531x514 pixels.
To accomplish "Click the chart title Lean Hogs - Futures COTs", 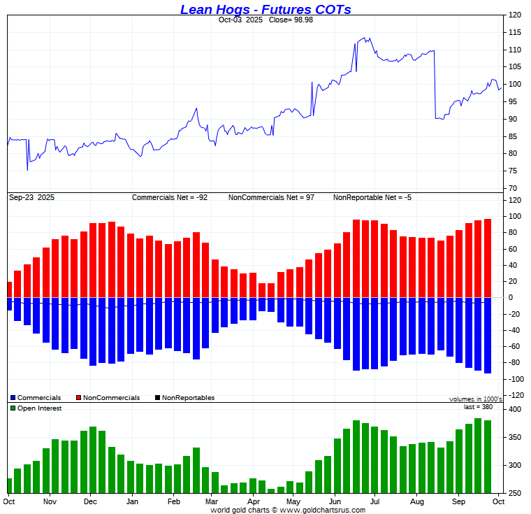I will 265,9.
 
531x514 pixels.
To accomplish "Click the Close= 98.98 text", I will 291,20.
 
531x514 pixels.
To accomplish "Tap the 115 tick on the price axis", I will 515,32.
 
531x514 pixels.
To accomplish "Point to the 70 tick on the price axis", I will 513,188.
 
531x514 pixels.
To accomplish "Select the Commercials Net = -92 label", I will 170,198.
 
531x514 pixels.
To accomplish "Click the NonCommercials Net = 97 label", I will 271,198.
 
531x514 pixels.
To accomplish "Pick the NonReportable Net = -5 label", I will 372,198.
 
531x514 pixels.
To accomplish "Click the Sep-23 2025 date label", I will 31,198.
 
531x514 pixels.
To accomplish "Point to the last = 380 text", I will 478,407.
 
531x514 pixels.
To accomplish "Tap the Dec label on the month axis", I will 90,501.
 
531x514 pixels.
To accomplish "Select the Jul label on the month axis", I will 374,501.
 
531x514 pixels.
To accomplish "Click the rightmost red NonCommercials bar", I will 487,258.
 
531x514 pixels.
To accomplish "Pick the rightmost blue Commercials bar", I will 487,335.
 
